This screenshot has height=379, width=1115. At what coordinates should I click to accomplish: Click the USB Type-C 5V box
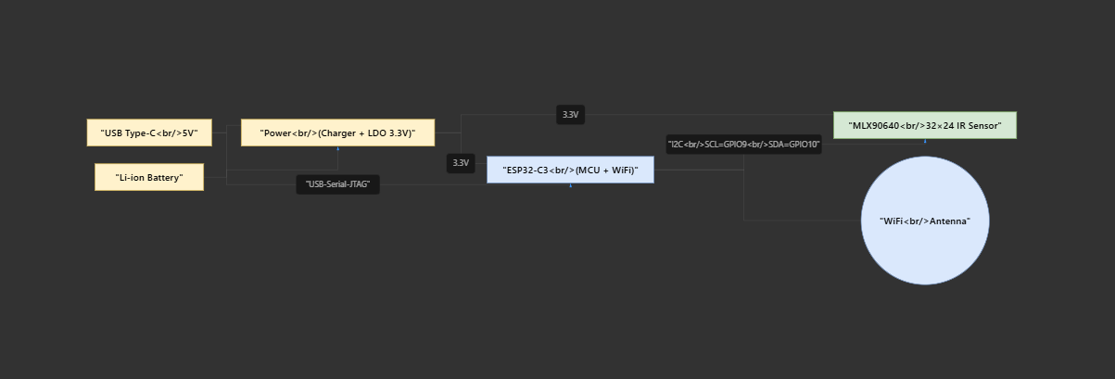point(149,133)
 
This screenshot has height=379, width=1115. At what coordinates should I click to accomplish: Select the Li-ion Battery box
point(149,177)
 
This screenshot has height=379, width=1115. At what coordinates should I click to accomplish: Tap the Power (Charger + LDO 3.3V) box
point(337,133)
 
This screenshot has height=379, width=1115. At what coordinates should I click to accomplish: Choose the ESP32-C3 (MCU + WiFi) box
point(570,170)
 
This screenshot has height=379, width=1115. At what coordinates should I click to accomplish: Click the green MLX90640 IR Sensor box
point(924,125)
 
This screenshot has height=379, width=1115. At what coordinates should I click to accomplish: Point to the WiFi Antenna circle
point(924,221)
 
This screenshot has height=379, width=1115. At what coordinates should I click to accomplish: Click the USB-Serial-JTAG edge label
point(337,184)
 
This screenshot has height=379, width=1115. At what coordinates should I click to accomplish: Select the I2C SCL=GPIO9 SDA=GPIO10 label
point(743,144)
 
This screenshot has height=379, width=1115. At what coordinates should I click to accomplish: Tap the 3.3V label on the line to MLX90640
point(570,115)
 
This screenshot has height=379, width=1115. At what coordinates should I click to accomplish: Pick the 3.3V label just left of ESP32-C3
point(461,163)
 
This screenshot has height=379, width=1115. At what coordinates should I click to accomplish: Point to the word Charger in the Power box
point(339,133)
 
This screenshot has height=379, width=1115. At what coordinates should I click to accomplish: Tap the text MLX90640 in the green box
point(873,125)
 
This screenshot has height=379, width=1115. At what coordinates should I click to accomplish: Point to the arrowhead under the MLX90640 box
point(925,141)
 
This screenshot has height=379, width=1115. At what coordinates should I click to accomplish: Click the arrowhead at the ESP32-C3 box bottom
point(570,185)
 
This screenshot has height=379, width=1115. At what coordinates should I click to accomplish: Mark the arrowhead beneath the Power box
point(337,148)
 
